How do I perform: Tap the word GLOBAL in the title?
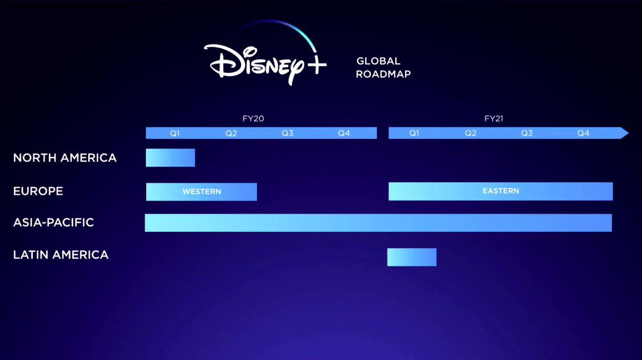click(x=378, y=61)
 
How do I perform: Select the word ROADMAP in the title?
click(x=384, y=74)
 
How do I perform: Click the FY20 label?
click(x=254, y=119)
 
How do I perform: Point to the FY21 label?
click(x=493, y=119)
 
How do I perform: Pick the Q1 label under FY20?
click(x=175, y=133)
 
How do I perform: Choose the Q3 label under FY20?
click(x=287, y=133)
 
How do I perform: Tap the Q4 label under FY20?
click(x=344, y=133)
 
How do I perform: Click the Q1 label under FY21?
click(x=414, y=133)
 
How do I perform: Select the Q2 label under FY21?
click(x=471, y=133)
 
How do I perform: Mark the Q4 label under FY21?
click(x=583, y=133)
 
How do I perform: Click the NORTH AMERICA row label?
click(x=65, y=158)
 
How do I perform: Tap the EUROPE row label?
click(x=38, y=191)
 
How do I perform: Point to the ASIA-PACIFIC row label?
click(x=53, y=223)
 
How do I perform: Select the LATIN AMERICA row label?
click(x=61, y=255)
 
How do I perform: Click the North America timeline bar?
click(x=170, y=158)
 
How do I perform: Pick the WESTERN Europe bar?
click(x=202, y=192)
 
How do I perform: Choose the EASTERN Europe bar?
click(x=501, y=191)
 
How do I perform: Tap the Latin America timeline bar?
click(x=412, y=257)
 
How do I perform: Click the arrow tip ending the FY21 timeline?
click(x=629, y=133)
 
